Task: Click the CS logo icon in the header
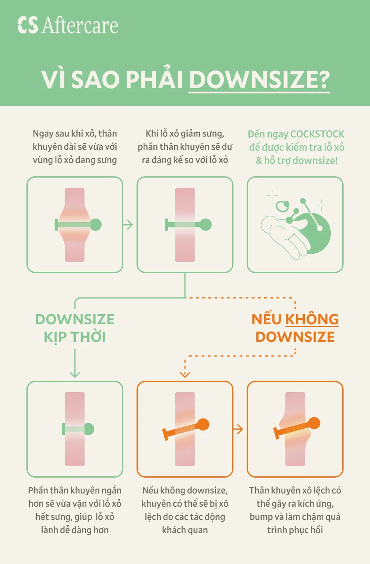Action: [27, 25]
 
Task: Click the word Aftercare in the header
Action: [80, 25]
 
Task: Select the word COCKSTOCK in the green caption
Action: [318, 134]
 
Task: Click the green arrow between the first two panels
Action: [128, 225]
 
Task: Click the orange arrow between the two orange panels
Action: [238, 429]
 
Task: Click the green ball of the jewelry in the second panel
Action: [205, 225]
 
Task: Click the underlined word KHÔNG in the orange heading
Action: [312, 319]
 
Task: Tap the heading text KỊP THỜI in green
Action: [75, 337]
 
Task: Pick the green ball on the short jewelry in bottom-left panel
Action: [89, 429]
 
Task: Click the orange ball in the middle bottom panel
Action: [203, 424]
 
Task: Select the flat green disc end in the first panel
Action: [56, 225]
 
